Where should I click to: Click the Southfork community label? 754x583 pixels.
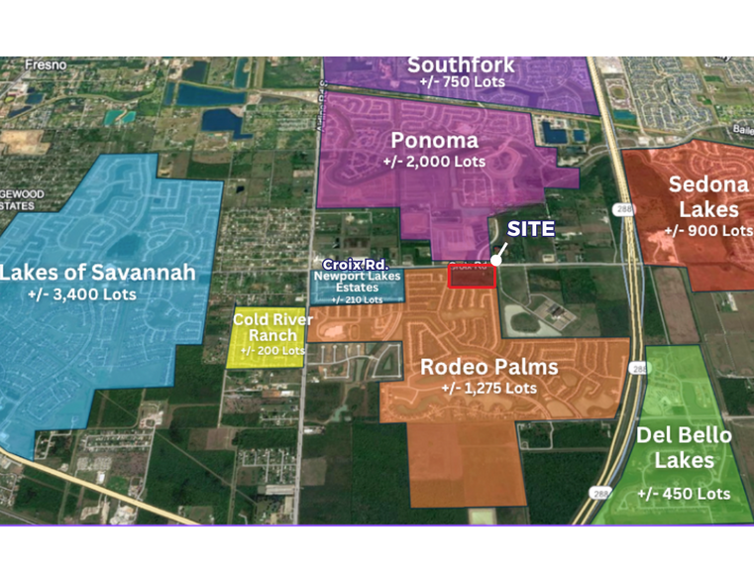[462, 65]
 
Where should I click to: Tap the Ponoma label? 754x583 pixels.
[434, 140]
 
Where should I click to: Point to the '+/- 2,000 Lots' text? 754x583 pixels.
[434, 161]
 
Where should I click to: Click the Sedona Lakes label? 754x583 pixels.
[702, 196]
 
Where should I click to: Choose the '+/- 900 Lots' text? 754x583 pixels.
[707, 230]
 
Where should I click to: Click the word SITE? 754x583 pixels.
[531, 228]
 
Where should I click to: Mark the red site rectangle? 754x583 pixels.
[473, 277]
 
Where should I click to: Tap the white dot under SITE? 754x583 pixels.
[495, 260]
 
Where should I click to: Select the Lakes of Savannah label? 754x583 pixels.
[97, 272]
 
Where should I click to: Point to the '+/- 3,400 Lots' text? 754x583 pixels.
[82, 294]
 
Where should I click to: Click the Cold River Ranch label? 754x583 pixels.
[272, 327]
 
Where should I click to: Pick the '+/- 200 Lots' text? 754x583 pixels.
[272, 350]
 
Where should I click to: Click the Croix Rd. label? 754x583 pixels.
[355, 265]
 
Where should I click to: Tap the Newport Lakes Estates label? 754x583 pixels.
[359, 283]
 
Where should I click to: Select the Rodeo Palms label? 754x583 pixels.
[489, 367]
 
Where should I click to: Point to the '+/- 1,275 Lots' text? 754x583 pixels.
[489, 388]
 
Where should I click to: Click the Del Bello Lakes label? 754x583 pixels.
[684, 448]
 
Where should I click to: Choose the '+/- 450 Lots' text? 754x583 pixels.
[684, 494]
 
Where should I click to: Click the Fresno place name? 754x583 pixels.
[47, 65]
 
